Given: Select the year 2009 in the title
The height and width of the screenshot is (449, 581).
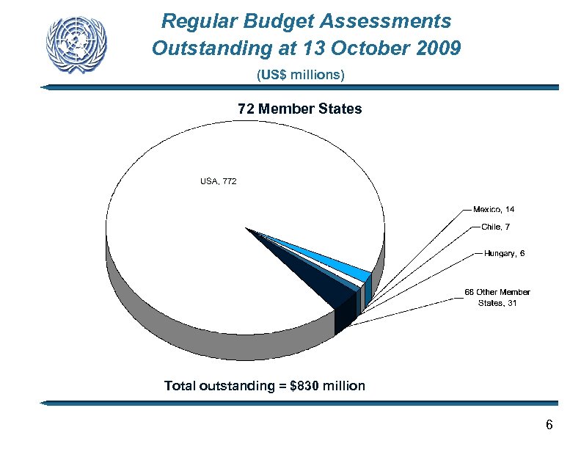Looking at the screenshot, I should point(435,49).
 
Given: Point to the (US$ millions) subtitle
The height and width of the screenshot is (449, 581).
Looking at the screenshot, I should point(301,75).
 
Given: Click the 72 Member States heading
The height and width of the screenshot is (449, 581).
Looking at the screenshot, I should point(299,109).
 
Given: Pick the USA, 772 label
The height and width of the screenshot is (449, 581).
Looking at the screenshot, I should point(218,180).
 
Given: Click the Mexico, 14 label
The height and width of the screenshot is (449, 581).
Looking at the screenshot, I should point(498,210).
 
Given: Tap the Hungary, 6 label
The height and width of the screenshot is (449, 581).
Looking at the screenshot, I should point(504,254).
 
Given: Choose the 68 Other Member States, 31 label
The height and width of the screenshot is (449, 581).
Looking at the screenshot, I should point(497,297).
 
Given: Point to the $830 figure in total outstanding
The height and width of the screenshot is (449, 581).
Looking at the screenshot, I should point(304,386).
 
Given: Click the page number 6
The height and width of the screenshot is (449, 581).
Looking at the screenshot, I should point(549,426).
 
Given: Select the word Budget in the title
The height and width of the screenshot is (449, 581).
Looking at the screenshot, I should point(271,20).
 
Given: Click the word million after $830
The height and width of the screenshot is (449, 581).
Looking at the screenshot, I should point(343,386).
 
